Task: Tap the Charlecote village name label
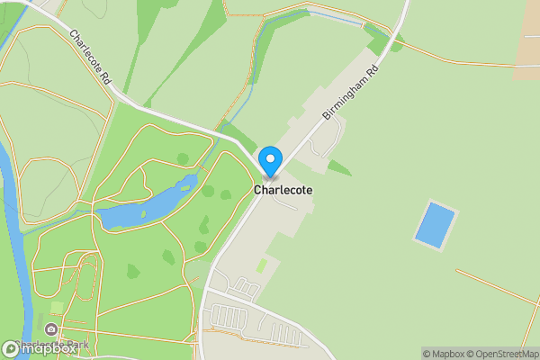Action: pyautogui.click(x=283, y=191)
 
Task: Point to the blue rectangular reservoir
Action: pyautogui.click(x=435, y=225)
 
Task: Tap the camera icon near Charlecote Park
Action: pyautogui.click(x=53, y=330)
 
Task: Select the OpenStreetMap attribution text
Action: pyautogui.click(x=504, y=354)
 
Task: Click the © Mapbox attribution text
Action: pyautogui.click(x=443, y=354)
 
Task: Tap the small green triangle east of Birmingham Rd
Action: pyautogui.click(x=337, y=167)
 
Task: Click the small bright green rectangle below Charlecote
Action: pyautogui.click(x=262, y=266)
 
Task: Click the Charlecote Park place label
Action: pyautogui.click(x=76, y=344)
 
